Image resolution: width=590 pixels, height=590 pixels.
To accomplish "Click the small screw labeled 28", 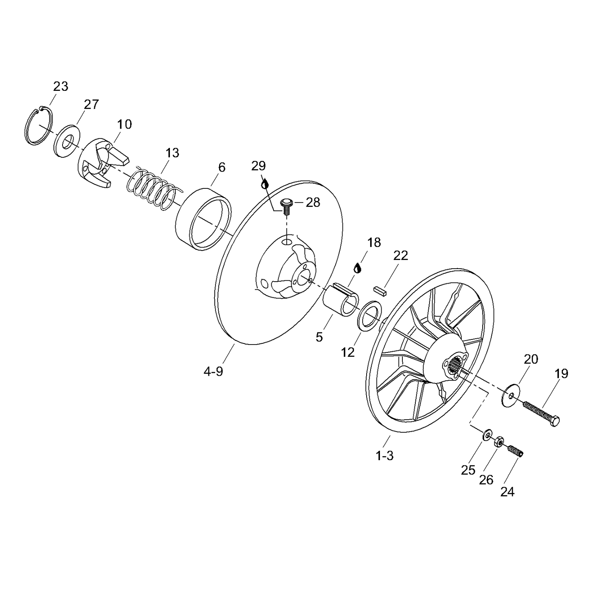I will pyautogui.click(x=285, y=205).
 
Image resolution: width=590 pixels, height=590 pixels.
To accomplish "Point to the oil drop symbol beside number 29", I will pyautogui.click(x=265, y=183).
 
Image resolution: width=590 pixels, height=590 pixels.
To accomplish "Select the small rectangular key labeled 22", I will pyautogui.click(x=380, y=290).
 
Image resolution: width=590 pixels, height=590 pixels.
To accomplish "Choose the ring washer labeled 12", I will pyautogui.click(x=370, y=315).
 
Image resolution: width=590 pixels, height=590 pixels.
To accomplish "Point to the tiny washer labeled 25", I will pyautogui.click(x=487, y=434).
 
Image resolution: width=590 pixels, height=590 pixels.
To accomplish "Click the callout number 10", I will pyautogui.click(x=124, y=125).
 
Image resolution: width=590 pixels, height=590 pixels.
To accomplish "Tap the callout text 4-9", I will pyautogui.click(x=213, y=371).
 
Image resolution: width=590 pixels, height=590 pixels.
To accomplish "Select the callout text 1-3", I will pyautogui.click(x=384, y=456).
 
